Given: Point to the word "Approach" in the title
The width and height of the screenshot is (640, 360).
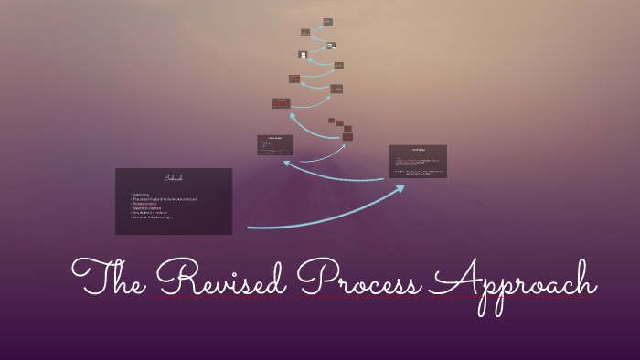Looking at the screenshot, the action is click(x=512, y=283).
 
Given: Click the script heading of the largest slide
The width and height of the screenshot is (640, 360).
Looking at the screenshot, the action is click(x=174, y=177).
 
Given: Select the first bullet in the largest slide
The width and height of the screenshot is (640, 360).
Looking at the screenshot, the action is click(x=141, y=194).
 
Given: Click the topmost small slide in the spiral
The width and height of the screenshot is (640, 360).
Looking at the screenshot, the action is click(x=327, y=22).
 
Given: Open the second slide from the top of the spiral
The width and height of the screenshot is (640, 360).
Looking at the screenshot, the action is click(x=305, y=32).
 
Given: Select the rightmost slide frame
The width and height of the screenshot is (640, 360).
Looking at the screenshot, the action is click(x=418, y=161).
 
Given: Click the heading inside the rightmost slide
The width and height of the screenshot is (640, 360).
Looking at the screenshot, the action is click(x=418, y=149).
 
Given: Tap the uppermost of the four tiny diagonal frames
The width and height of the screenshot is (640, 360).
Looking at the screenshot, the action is click(x=331, y=120).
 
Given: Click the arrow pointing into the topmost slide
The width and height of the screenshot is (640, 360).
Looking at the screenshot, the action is click(x=319, y=26).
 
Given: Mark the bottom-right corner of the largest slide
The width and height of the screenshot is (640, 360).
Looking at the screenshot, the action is click(x=231, y=234).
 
